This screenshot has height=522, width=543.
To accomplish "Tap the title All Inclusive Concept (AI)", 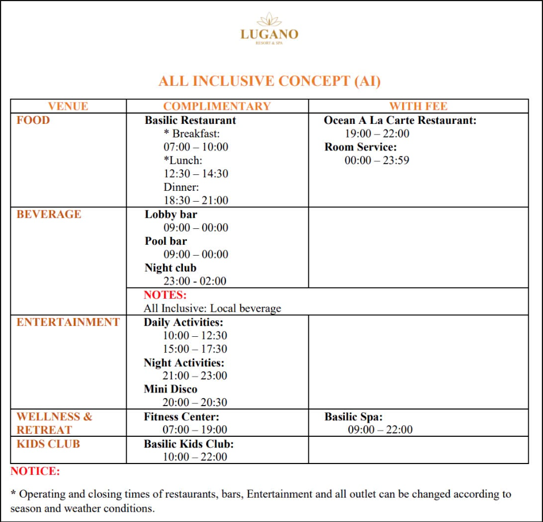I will (270, 81).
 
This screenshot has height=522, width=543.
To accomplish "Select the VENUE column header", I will (68, 106).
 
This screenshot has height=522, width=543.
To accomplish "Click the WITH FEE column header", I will (418, 106).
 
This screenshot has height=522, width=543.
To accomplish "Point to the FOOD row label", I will (33, 120).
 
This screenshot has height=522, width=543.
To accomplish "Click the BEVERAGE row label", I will (49, 214).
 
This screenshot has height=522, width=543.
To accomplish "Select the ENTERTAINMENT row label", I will (68, 322).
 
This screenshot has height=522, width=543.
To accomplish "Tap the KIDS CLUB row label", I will (48, 444).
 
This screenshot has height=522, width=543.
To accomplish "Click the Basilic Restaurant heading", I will (190, 120).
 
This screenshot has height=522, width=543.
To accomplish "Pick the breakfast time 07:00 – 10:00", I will (196, 147).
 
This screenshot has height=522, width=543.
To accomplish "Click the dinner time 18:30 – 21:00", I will (196, 201).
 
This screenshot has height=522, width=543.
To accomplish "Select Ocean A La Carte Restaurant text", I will (400, 120).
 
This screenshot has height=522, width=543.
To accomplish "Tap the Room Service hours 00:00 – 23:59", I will (377, 161).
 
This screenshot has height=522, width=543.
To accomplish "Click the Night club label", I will (170, 268).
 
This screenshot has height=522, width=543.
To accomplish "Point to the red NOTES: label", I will (165, 295).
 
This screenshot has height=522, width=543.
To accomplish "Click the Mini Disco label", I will (170, 389).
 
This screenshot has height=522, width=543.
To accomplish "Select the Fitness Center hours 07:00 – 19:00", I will (195, 430).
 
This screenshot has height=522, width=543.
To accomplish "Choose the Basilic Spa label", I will (354, 416).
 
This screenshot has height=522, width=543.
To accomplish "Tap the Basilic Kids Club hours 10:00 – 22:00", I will (195, 457).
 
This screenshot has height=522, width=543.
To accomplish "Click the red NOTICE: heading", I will (35, 471).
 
